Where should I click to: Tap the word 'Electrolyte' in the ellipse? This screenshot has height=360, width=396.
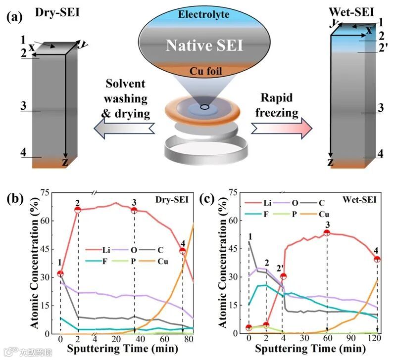pos(204,14)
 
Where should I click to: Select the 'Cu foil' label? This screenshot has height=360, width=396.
pos(204,72)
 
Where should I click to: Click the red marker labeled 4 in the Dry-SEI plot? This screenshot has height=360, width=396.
pos(183,251)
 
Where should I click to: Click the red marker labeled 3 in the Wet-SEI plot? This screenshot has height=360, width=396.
pos(327,233)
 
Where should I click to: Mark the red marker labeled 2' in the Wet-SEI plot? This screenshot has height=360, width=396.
pos(284,275)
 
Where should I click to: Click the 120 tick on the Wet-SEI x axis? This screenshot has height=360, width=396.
pos(377,340)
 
